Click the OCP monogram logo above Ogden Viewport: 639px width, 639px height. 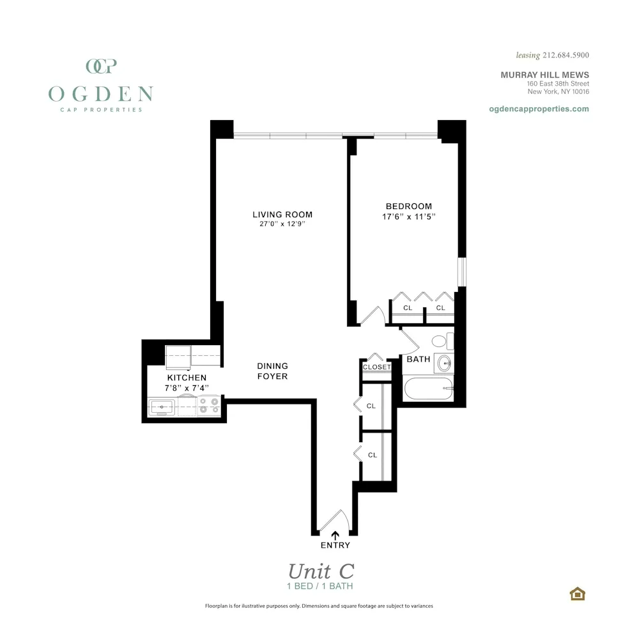[x=100, y=66]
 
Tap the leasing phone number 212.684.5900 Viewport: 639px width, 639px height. [x=565, y=56]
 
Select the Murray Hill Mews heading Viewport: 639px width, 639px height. [x=544, y=75]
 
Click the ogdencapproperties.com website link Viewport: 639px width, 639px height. [x=539, y=109]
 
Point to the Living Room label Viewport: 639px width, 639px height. [x=282, y=215]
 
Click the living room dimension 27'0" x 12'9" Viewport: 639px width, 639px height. [x=282, y=224]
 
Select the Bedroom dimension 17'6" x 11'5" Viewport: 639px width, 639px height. [x=408, y=217]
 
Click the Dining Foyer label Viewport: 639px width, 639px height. [x=272, y=371]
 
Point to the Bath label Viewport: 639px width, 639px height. [x=419, y=359]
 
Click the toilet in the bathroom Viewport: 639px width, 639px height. [x=440, y=341]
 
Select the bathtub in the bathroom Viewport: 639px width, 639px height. [x=427, y=388]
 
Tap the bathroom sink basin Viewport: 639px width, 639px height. [x=443, y=363]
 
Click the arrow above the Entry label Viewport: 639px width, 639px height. [x=335, y=535]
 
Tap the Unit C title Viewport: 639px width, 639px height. [x=320, y=571]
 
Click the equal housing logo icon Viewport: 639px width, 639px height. [x=577, y=594]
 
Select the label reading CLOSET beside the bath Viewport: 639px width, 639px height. [x=376, y=367]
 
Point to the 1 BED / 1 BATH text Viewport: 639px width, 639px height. [x=319, y=586]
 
